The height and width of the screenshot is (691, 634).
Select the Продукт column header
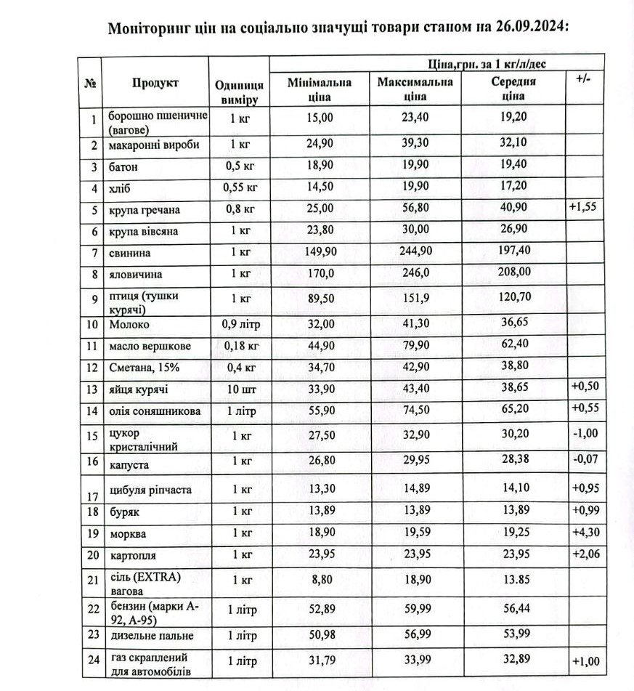pos(155,83)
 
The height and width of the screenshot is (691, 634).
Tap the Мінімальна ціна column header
pos(320,89)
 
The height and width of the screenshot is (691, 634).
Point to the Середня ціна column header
pos(513,89)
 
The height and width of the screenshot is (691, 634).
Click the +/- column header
pos(583,78)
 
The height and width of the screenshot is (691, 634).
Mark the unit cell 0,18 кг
pos(239,346)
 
